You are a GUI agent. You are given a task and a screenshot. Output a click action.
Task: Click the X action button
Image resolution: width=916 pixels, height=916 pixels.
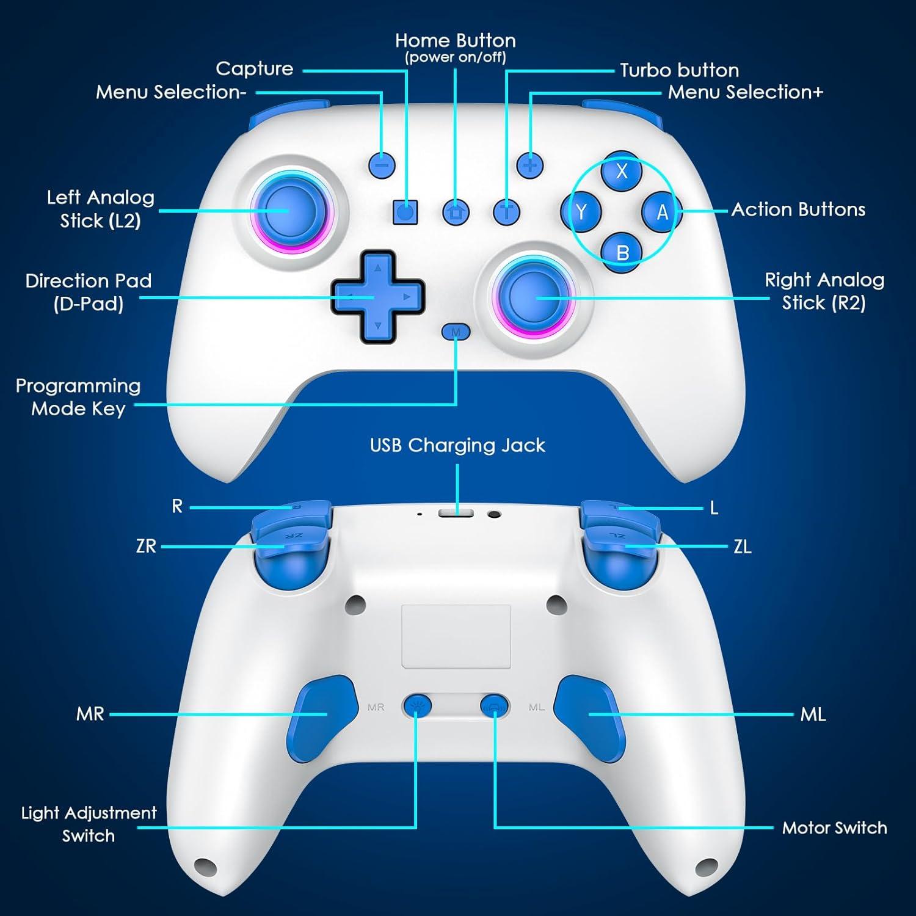point(621,170)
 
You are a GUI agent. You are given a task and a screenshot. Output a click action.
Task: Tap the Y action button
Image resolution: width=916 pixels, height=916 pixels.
point(581,212)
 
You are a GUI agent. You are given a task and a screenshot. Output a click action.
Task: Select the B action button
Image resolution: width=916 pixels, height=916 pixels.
point(622,252)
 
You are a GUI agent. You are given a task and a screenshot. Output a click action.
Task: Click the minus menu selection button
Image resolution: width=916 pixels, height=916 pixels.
point(382,165)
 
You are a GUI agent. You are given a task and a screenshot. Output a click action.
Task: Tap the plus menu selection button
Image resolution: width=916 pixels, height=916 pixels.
point(529,165)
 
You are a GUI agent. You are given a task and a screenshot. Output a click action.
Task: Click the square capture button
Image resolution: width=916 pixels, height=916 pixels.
point(405,212)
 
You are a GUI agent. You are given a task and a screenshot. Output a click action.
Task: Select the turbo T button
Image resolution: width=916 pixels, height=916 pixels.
point(506,212)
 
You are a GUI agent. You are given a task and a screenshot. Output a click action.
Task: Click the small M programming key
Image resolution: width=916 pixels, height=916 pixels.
point(456,332)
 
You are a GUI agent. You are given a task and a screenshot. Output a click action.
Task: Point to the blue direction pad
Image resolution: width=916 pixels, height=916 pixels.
point(377,297)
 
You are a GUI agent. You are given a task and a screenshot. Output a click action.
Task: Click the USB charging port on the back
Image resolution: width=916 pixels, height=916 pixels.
point(456,512)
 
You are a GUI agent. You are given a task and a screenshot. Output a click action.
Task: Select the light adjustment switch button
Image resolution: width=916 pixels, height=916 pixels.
point(417,707)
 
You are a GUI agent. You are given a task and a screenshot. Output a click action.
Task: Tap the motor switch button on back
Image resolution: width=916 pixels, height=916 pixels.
point(494,707)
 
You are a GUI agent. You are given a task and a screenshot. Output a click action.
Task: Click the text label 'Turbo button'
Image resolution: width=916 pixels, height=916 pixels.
point(679,70)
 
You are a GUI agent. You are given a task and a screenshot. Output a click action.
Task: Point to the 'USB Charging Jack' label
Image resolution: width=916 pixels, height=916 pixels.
point(457,445)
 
